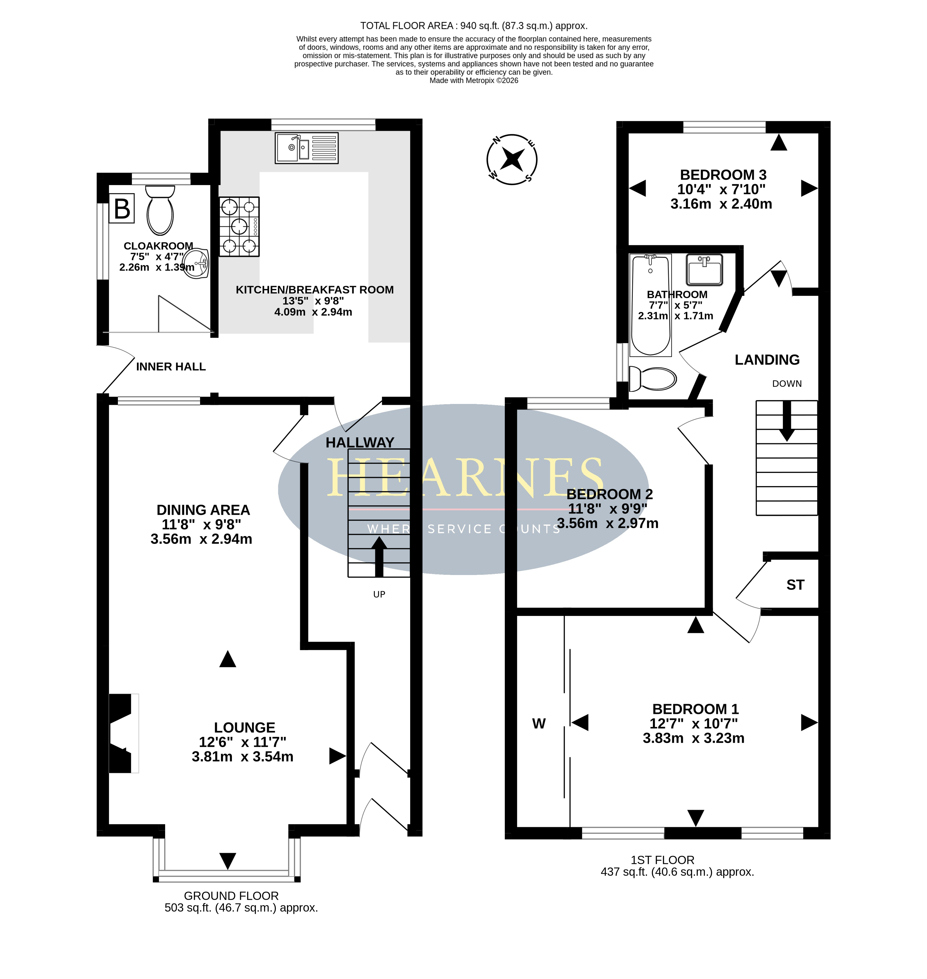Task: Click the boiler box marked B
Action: (x=122, y=208)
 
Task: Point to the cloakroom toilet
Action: (x=160, y=210)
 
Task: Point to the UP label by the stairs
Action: (x=379, y=594)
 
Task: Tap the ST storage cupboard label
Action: (x=795, y=585)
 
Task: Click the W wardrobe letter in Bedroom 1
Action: (x=538, y=724)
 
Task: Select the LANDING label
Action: (x=767, y=360)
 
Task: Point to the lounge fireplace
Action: (x=123, y=733)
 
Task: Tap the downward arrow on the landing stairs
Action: (x=787, y=421)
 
